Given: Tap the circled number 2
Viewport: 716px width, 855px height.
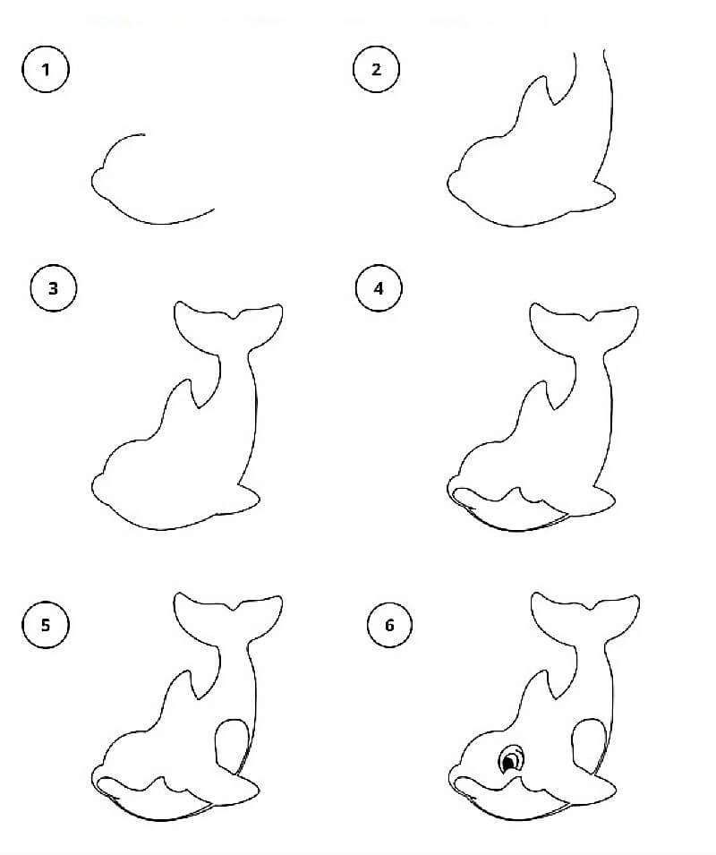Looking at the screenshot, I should coord(376,69).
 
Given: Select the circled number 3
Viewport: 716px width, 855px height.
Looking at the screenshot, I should coord(53,288).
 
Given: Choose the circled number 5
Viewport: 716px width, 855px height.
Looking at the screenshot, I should coord(46,624).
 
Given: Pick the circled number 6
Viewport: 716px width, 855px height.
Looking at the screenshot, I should coord(389,625).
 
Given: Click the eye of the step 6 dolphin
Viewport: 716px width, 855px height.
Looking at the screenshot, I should coord(510,761).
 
